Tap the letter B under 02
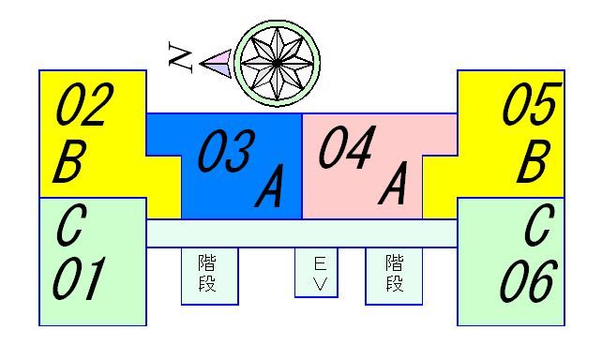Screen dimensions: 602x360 click(68, 162)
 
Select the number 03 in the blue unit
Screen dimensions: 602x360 click(225, 152)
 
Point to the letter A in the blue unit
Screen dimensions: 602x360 click(269, 190)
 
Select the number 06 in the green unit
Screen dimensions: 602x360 click(529, 280)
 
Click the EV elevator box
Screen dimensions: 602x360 click(316, 273)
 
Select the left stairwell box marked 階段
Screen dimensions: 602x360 click(208, 275)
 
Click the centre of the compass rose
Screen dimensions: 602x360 click(277, 63)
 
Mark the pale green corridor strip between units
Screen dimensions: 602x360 click(302, 233)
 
